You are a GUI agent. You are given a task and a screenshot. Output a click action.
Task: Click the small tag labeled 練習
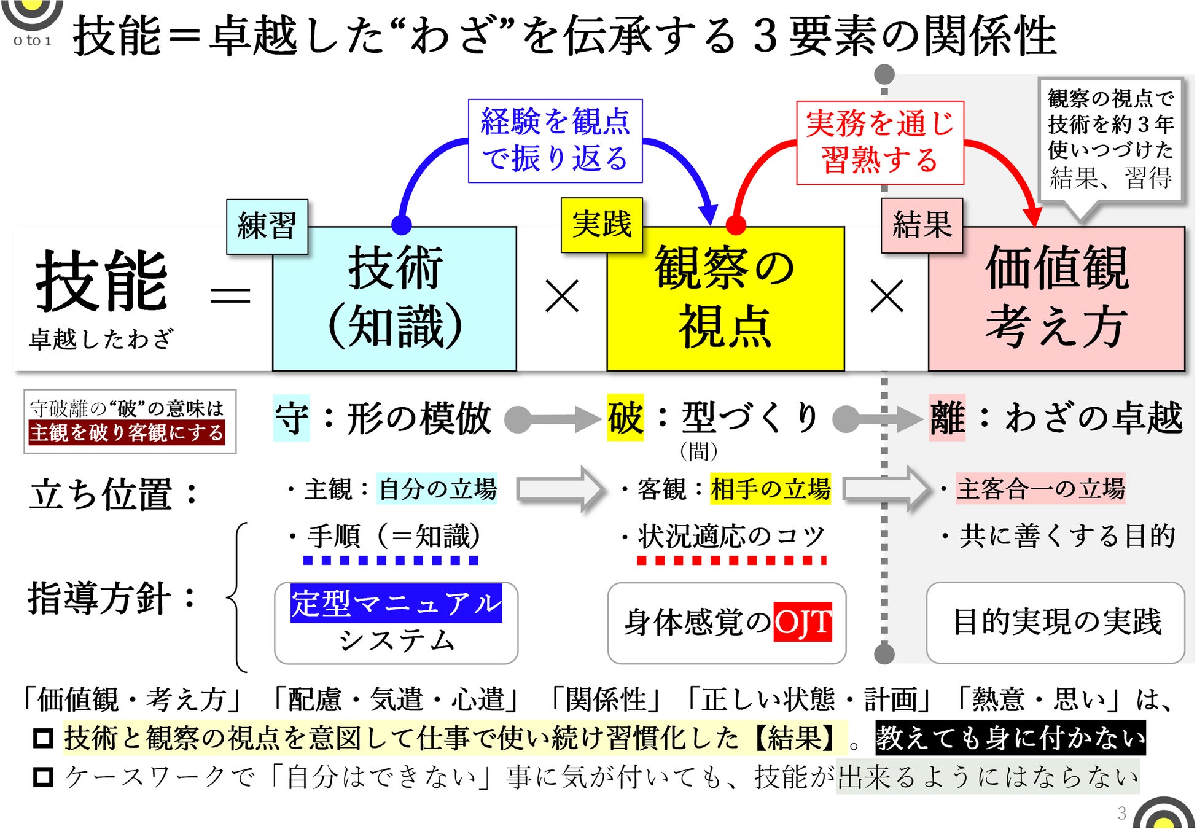click(267, 226)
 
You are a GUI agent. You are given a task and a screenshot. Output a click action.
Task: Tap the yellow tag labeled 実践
click(601, 224)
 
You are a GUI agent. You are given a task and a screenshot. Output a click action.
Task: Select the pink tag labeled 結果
click(921, 225)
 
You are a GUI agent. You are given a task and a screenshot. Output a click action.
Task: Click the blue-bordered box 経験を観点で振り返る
click(555, 141)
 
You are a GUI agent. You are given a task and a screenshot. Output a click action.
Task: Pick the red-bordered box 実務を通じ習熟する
click(879, 142)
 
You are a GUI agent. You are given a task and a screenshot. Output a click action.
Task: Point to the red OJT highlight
click(802, 621)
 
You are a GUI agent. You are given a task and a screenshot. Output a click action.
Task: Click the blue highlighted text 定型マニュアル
click(396, 603)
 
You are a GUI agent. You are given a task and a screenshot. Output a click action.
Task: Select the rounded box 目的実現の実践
click(1055, 622)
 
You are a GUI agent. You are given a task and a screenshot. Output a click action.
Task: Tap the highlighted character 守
click(291, 419)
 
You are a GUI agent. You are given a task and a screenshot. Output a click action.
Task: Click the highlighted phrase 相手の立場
click(770, 489)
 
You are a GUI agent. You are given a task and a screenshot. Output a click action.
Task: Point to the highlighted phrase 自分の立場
click(437, 489)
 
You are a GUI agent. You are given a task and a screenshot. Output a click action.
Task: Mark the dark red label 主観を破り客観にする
click(127, 432)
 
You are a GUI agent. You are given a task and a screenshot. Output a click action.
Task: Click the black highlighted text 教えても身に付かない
click(1010, 738)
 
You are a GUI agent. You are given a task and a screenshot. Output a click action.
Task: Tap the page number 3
click(1121, 813)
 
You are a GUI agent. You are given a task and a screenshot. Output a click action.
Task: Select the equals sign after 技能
click(230, 296)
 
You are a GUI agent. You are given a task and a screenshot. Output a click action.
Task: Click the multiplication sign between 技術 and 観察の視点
click(561, 296)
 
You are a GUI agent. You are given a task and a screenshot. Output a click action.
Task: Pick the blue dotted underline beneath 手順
click(391, 560)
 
